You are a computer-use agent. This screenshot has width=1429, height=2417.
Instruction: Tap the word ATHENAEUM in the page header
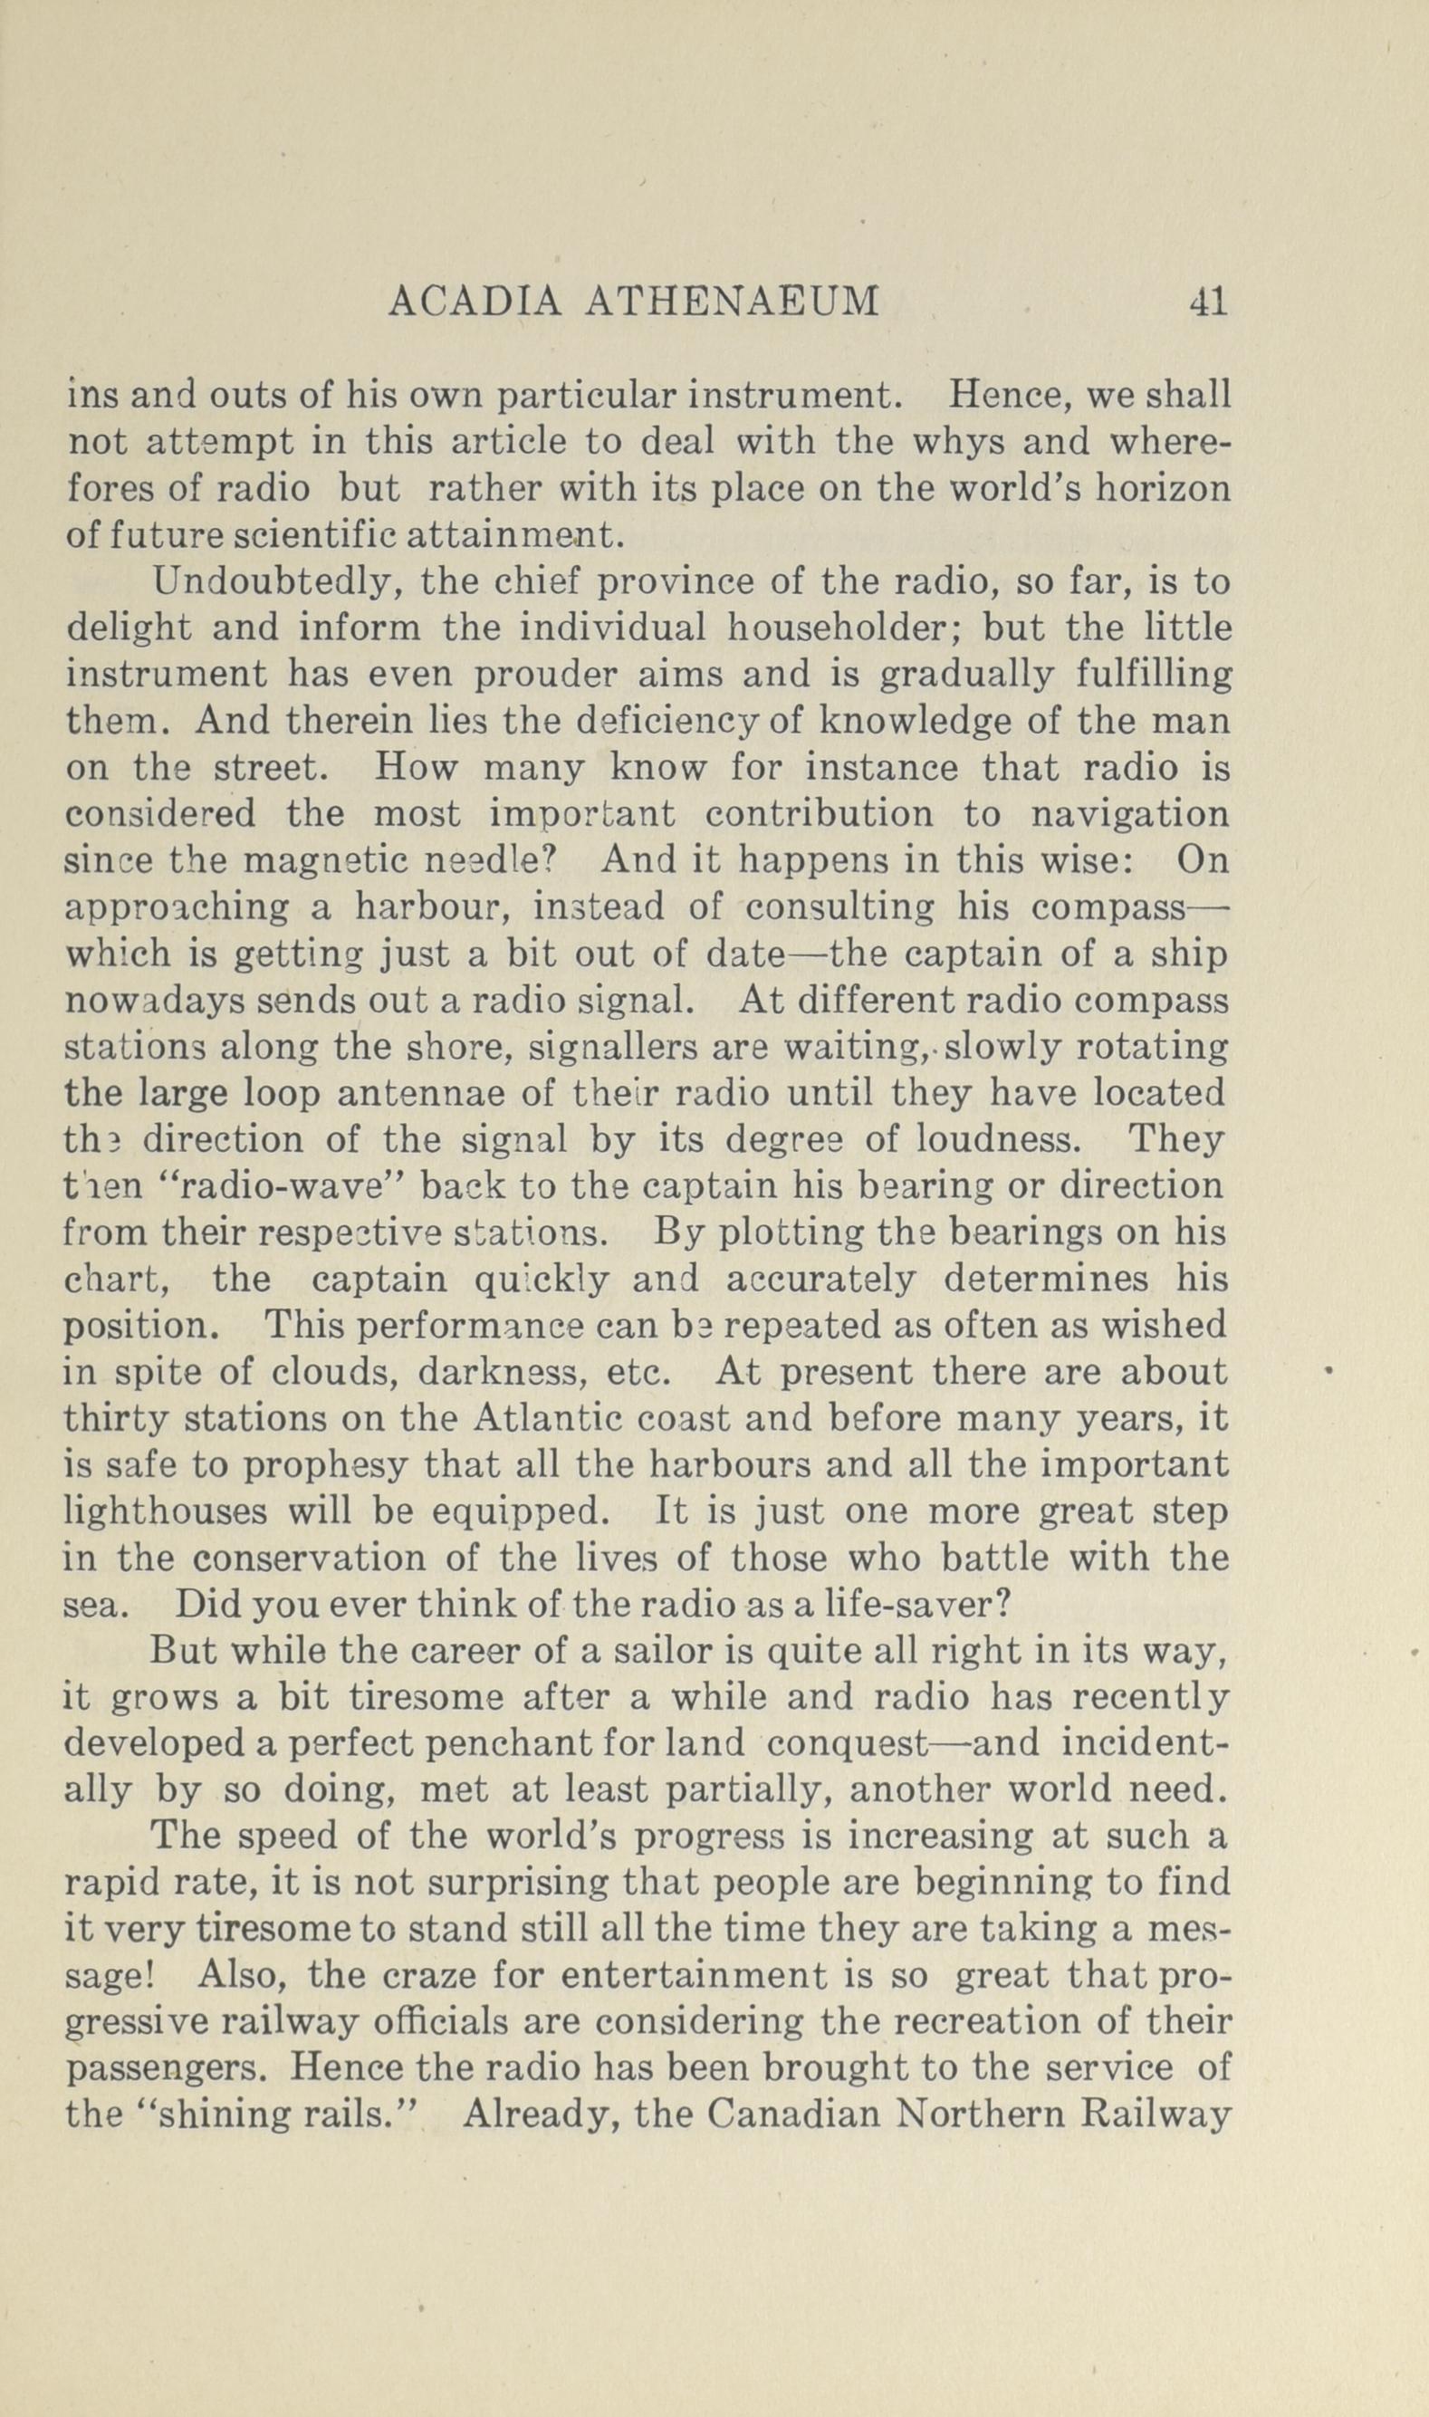[733, 302]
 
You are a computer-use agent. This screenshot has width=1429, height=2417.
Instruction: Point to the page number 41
[1206, 302]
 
